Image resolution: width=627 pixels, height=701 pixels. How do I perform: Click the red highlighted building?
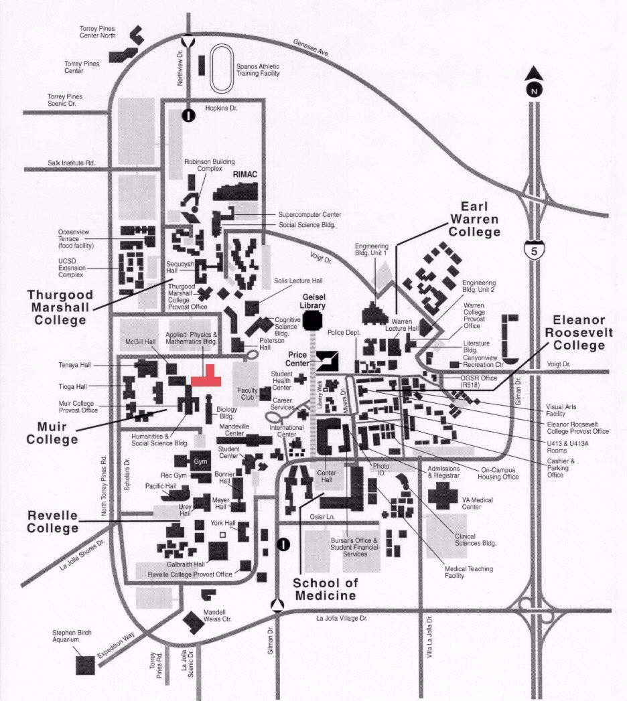pos(207,377)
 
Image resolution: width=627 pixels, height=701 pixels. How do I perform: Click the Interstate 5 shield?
pos(533,249)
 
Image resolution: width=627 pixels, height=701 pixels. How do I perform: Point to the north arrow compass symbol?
pos(533,79)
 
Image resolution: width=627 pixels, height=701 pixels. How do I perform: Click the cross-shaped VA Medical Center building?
pos(442,496)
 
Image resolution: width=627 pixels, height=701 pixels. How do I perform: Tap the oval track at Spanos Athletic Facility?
pos(222,69)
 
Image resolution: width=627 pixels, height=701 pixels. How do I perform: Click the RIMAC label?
pos(245,173)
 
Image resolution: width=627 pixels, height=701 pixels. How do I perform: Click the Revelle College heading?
pos(53,522)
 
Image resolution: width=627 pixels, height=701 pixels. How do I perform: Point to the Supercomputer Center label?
pos(309,214)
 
